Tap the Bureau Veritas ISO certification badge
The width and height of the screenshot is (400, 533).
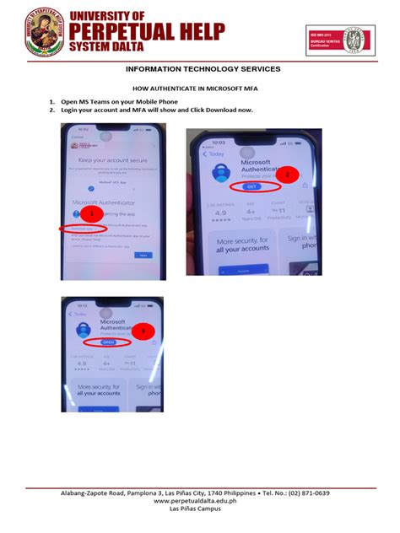(x=338, y=41)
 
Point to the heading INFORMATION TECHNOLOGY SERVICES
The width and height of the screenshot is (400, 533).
(x=200, y=69)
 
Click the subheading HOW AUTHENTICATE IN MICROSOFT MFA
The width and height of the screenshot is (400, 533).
(x=199, y=89)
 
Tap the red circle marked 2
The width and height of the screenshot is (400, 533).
(x=286, y=175)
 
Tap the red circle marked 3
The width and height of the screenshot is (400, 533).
(x=143, y=332)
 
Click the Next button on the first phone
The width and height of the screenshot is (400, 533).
(x=143, y=254)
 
